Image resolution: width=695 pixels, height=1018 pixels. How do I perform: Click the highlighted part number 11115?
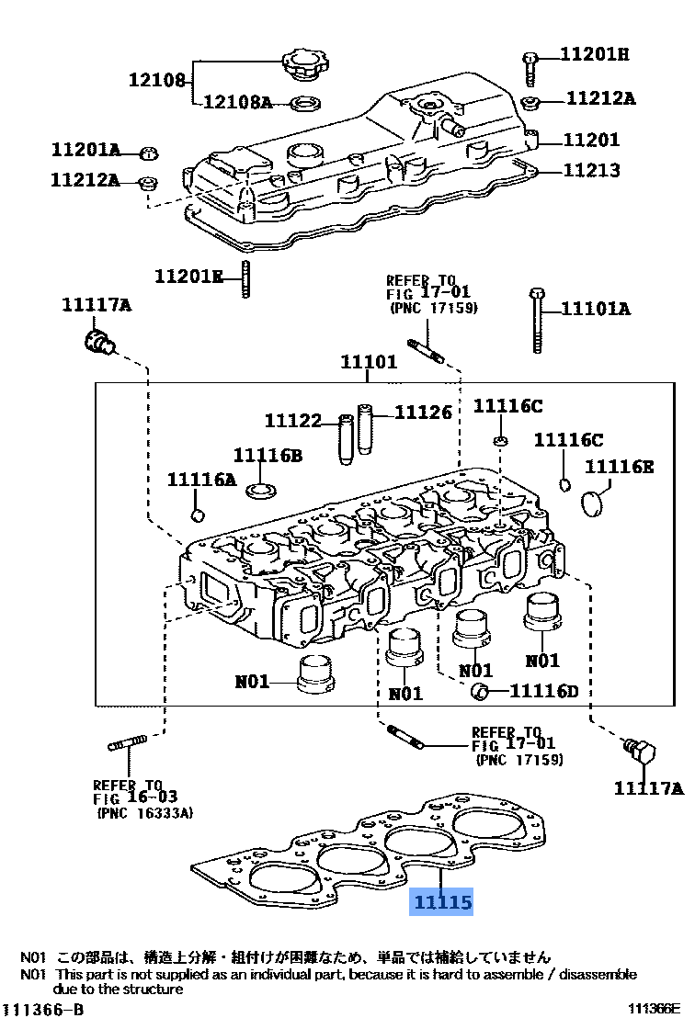coord(441,903)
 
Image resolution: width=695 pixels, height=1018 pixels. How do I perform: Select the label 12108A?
coord(237,102)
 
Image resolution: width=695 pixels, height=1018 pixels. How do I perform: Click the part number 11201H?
coord(595,55)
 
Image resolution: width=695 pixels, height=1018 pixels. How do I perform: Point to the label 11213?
coord(591,170)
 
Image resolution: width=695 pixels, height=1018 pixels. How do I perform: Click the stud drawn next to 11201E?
coord(246,278)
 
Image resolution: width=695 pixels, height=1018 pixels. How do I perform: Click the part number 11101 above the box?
coord(369,362)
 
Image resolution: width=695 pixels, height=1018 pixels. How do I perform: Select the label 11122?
coord(292,421)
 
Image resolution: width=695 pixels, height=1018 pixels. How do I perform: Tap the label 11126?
coord(424,413)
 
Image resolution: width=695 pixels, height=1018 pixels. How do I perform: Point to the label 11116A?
coord(201,479)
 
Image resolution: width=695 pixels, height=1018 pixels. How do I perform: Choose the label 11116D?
coord(544,691)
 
